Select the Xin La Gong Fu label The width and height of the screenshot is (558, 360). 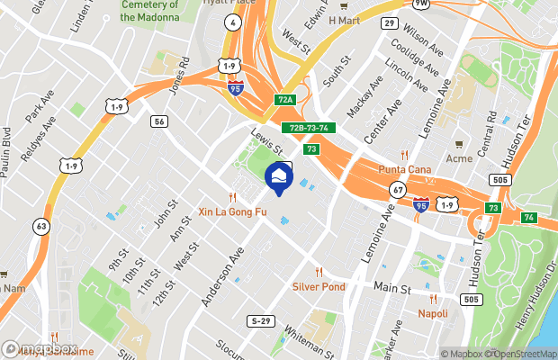[232, 212]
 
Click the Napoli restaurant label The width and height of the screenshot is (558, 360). [433, 313]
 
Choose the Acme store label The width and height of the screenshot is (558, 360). [458, 158]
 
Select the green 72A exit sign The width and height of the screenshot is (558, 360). [286, 100]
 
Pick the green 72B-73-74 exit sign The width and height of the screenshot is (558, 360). [308, 128]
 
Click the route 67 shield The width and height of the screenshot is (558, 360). [397, 190]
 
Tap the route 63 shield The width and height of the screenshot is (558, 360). [41, 225]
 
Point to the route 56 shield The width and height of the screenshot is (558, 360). [158, 121]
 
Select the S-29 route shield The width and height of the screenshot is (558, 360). [261, 320]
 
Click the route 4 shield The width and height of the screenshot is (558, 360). [233, 22]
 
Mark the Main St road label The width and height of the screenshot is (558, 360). [392, 290]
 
